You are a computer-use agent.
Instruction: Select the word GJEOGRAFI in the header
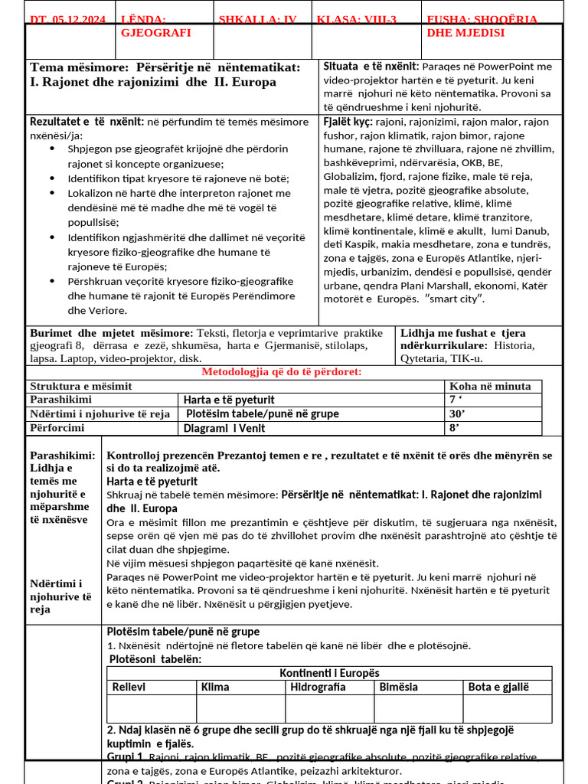tap(156, 33)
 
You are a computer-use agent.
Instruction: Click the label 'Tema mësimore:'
tap(73, 67)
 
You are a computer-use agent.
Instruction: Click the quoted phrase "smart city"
tap(456, 299)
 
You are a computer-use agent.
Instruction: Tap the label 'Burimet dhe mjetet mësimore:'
tap(112, 333)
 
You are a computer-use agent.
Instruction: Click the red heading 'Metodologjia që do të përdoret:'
tap(282, 372)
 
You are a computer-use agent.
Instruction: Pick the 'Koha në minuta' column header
tap(490, 387)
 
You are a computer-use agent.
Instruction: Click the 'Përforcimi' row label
tap(57, 428)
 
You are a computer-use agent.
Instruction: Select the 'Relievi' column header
tap(129, 688)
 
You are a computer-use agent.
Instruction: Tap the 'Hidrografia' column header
tap(318, 688)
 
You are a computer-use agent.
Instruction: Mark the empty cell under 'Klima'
tap(241, 709)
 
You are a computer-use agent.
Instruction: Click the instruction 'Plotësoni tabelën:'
tap(155, 659)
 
